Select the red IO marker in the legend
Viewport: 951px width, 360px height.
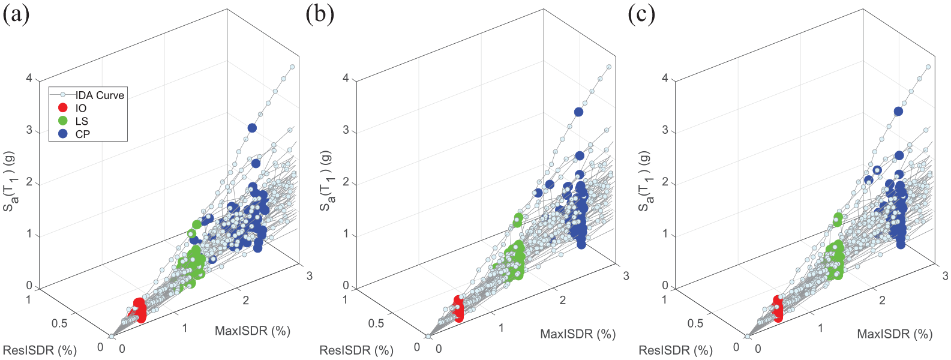click(x=62, y=108)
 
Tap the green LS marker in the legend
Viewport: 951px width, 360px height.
click(x=62, y=121)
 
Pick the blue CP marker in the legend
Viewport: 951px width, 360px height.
click(x=62, y=134)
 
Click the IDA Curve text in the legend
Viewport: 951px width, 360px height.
click(x=100, y=95)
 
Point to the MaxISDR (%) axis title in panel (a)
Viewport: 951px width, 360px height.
click(x=253, y=331)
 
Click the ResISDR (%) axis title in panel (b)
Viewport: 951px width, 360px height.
click(x=356, y=350)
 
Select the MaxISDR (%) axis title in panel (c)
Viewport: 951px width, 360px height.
click(x=895, y=334)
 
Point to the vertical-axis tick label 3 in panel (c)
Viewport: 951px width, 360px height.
click(x=666, y=130)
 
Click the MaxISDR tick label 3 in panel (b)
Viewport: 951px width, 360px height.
click(x=626, y=275)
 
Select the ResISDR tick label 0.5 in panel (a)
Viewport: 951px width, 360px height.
click(x=59, y=323)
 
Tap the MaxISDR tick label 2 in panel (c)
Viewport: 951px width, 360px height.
click(x=882, y=300)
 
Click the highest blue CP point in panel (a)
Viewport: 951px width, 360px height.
click(x=252, y=128)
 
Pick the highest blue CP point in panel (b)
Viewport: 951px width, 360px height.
click(x=578, y=112)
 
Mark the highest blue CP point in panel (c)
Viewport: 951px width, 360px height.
click(x=898, y=112)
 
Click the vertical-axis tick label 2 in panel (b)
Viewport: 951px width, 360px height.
click(x=346, y=183)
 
